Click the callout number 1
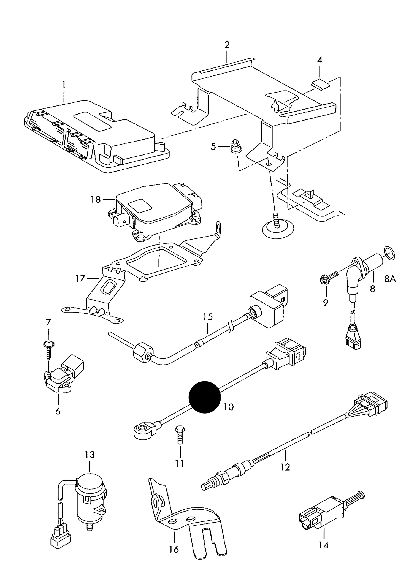point(64,85)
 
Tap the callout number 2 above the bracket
point(227,45)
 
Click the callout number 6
point(58,411)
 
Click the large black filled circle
point(205,397)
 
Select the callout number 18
point(96,199)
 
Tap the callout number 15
point(208,317)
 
